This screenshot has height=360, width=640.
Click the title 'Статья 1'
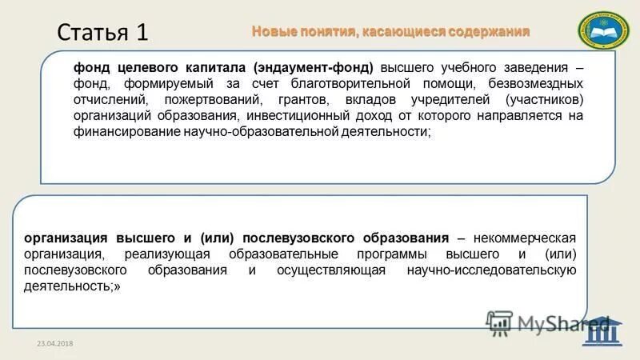(x=102, y=33)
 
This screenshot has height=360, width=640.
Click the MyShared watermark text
(x=552, y=324)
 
